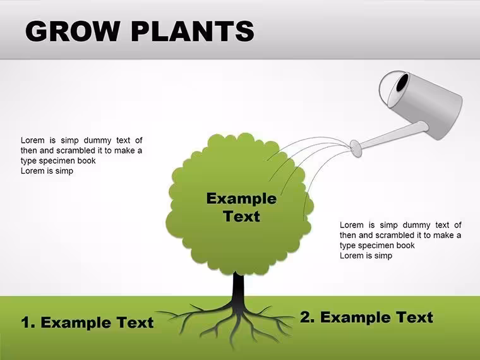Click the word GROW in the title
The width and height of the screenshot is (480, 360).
coord(72,31)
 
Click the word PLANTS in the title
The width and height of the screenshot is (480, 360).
coord(193,31)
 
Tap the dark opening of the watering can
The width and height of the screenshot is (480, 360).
coord(402,83)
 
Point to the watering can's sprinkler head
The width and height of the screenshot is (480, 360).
coord(356,148)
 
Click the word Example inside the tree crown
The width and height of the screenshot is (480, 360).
coord(241,198)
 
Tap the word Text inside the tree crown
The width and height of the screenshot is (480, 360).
coord(241,216)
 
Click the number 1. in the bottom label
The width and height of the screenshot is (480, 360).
coord(28,323)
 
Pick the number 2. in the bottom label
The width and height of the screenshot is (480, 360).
coord(307,317)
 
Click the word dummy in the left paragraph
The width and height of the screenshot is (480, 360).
coord(97,140)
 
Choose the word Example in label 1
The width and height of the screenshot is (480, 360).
coord(76,323)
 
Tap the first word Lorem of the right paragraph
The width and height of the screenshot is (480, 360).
coord(351,225)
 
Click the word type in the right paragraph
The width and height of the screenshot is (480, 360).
coord(347,246)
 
